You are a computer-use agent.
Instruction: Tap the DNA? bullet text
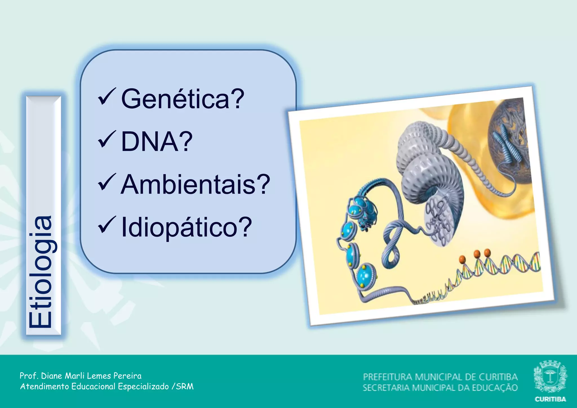[x=157, y=141]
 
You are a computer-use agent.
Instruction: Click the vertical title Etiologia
[x=41, y=272]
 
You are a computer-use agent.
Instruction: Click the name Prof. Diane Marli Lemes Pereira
[x=81, y=376]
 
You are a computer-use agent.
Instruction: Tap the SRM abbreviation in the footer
[x=185, y=386]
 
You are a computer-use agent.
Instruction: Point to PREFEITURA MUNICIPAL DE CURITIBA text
[x=440, y=377]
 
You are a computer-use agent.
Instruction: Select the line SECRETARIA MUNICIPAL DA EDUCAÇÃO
[x=440, y=388]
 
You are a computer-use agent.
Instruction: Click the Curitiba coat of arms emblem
[x=550, y=377]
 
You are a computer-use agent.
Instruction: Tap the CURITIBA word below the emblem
[x=550, y=399]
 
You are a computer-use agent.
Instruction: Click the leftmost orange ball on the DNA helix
[x=462, y=259]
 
